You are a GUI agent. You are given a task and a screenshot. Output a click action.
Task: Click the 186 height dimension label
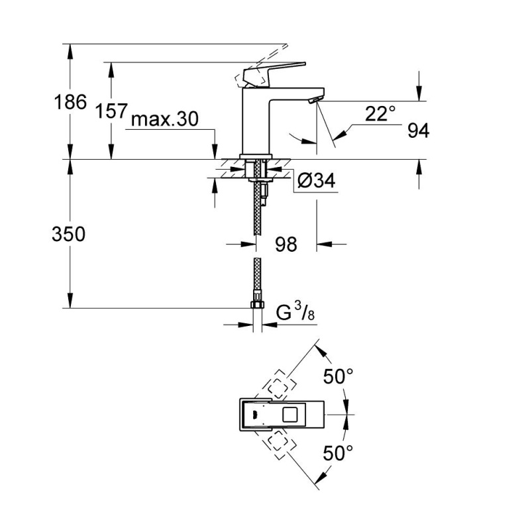coord(70,102)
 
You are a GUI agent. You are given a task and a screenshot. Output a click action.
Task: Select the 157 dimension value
coord(111,111)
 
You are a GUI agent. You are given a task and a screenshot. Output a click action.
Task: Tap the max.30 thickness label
coord(164,119)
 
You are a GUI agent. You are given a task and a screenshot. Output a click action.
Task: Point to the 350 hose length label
coord(69,235)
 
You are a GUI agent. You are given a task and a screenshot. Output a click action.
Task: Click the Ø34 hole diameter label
coord(317,180)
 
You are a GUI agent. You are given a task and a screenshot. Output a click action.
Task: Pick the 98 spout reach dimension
coord(286,244)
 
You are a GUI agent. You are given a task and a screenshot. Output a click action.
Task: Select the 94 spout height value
coord(418,131)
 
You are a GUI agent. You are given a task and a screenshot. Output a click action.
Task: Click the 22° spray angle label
coord(380,113)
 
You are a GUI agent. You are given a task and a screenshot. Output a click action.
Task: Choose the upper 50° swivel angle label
coord(339,376)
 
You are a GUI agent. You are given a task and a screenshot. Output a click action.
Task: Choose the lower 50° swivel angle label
coord(339,453)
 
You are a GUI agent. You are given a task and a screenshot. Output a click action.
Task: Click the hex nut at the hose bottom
coord(257,305)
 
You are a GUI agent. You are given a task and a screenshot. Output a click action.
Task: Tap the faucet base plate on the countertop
coord(256,156)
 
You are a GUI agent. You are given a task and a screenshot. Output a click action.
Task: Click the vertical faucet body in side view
coord(256,121)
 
